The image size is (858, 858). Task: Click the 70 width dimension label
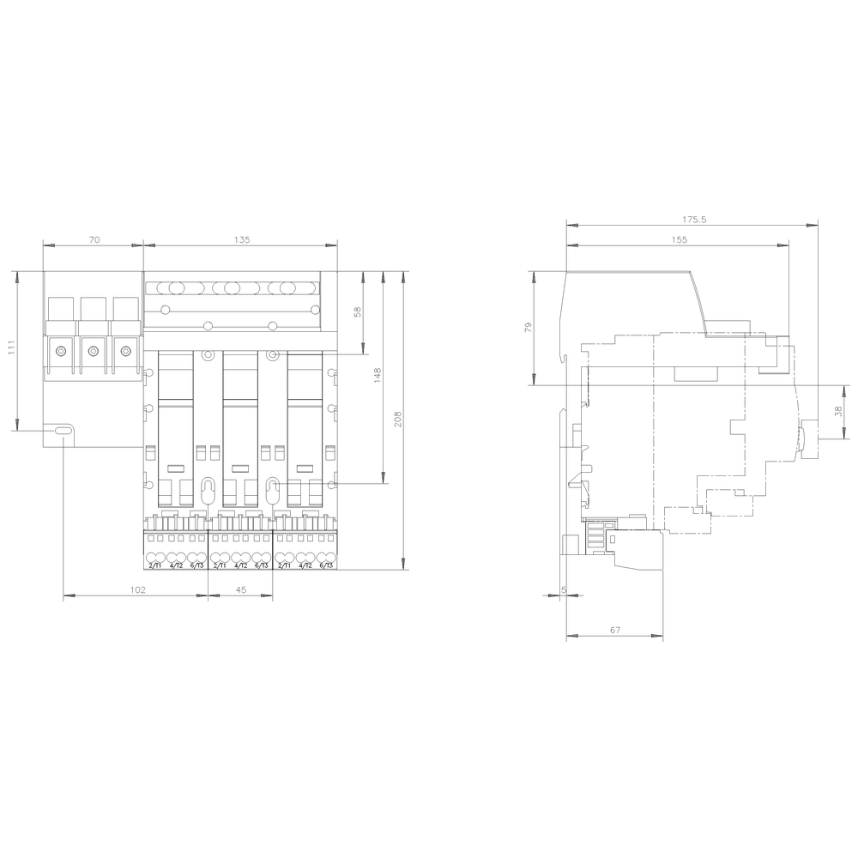pyautogui.click(x=94, y=240)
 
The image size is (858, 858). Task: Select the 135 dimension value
pyautogui.click(x=241, y=240)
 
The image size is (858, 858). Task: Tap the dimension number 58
pyautogui.click(x=358, y=313)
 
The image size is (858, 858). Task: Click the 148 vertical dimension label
pyautogui.click(x=377, y=375)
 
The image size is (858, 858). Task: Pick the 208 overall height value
pyautogui.click(x=397, y=418)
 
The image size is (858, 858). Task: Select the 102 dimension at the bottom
pyautogui.click(x=136, y=589)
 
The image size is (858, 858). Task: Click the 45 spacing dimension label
pyautogui.click(x=241, y=589)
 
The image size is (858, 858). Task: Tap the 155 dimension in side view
pyautogui.click(x=679, y=240)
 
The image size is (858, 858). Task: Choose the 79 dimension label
pyautogui.click(x=529, y=327)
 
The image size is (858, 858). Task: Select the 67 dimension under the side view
pyautogui.click(x=615, y=631)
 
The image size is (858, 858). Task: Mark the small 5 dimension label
pyautogui.click(x=563, y=589)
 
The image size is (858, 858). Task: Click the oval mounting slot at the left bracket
pyautogui.click(x=63, y=432)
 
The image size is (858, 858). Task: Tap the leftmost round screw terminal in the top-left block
pyautogui.click(x=61, y=350)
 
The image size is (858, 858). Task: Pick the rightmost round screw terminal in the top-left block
pyautogui.click(x=126, y=350)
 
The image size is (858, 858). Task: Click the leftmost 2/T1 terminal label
pyautogui.click(x=155, y=565)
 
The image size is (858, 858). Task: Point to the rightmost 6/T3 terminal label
pyautogui.click(x=326, y=565)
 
